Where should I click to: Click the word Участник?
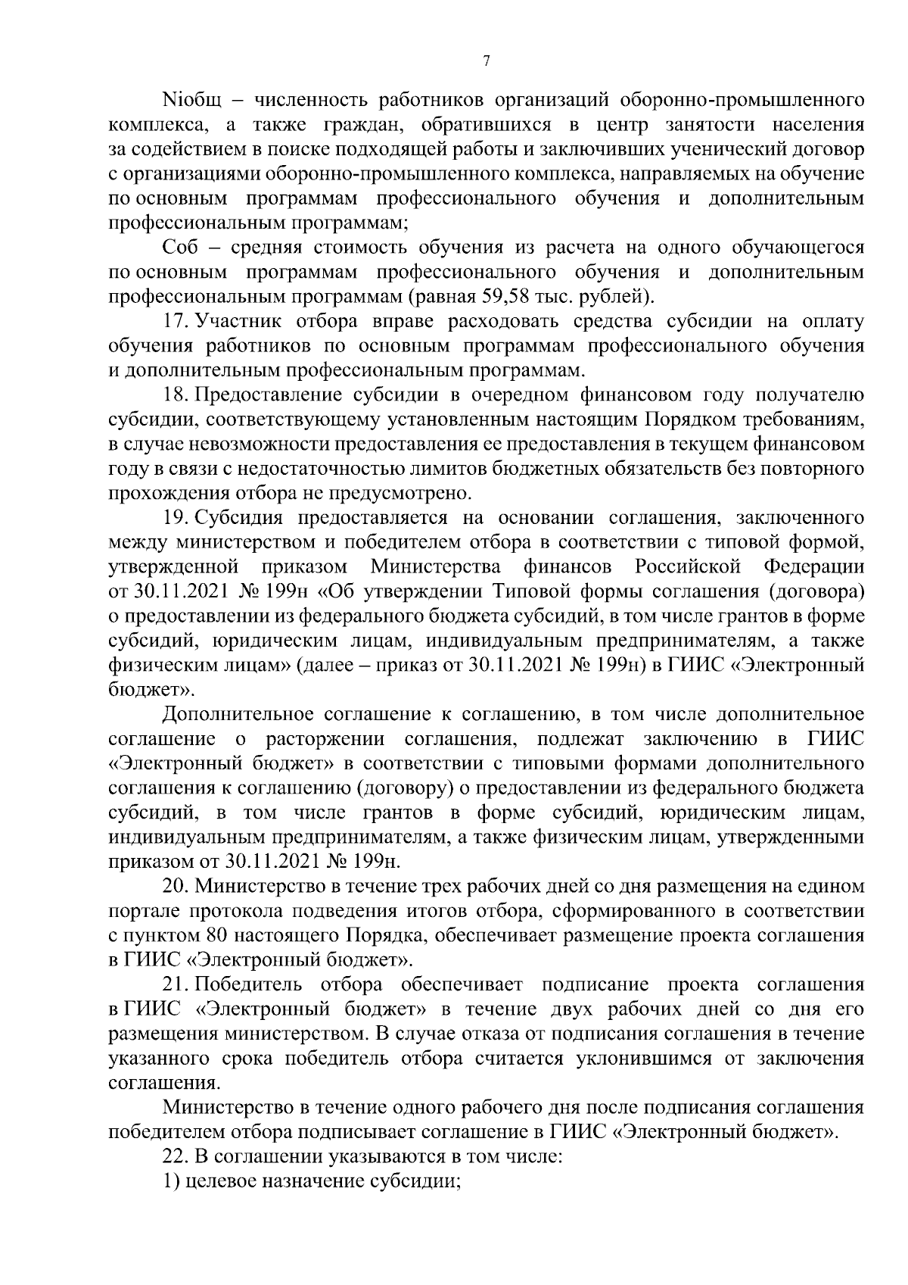tap(239, 322)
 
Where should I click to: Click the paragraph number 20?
tap(177, 886)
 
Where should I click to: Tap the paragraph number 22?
tap(177, 1156)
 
